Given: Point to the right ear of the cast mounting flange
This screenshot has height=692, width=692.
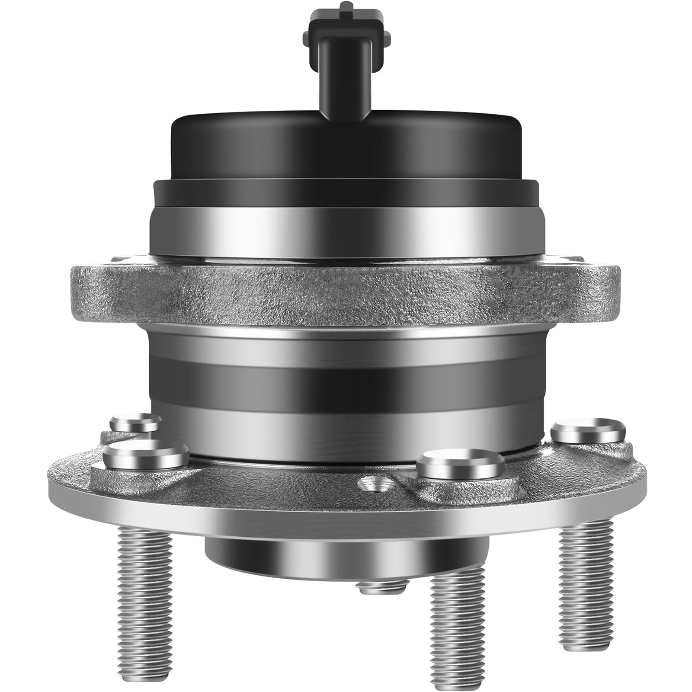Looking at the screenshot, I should tap(599, 288).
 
